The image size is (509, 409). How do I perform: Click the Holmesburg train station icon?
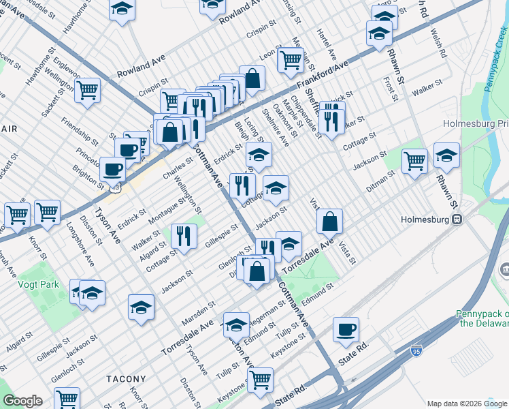[x=458, y=219]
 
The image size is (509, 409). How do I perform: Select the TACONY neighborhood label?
[x=126, y=378]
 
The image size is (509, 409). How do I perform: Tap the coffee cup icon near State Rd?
[x=346, y=330]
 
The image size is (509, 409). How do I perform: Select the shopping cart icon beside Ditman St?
[x=414, y=162]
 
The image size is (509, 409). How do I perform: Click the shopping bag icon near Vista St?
[x=329, y=221]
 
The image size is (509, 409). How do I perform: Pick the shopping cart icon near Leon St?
[x=291, y=60]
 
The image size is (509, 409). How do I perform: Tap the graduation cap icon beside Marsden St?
[x=141, y=307]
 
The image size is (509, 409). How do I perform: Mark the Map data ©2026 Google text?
[x=466, y=404]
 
